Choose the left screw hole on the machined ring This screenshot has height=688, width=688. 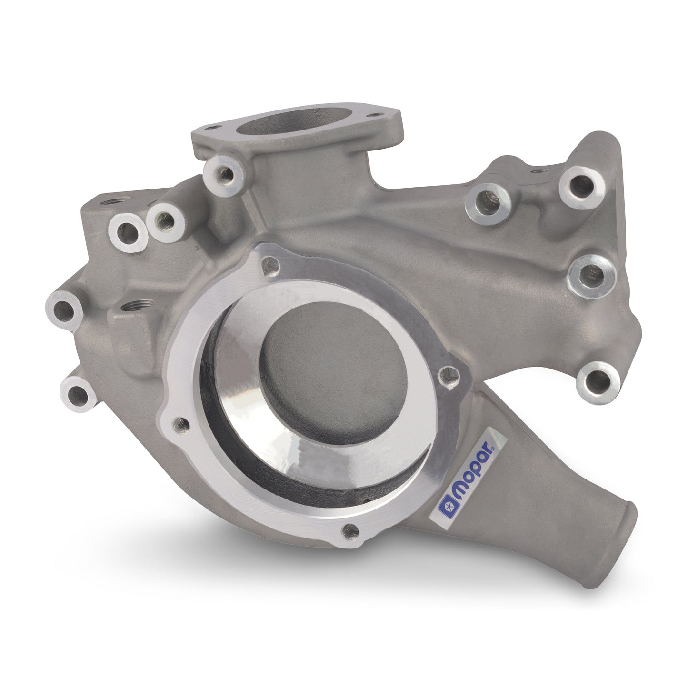180,422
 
